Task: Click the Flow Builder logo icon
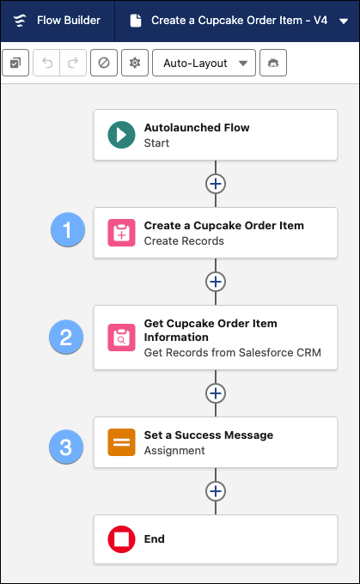click(19, 21)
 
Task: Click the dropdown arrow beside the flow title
click(344, 21)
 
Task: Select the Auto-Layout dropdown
click(204, 63)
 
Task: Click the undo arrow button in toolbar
click(47, 63)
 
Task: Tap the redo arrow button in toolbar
click(72, 63)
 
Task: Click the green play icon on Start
click(121, 135)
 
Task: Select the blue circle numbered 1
click(68, 232)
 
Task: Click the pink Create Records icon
click(121, 233)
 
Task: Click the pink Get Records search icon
click(121, 338)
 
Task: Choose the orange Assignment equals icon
click(121, 442)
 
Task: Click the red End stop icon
click(121, 539)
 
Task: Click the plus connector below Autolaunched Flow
click(216, 184)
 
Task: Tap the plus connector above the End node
click(216, 491)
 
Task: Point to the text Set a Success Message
click(209, 435)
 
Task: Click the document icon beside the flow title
click(135, 21)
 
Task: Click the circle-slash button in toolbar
click(103, 63)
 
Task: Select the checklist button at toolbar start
click(15, 63)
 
